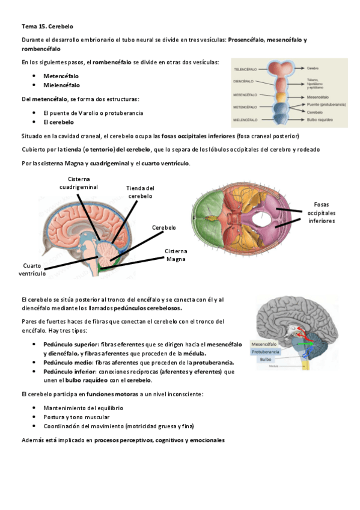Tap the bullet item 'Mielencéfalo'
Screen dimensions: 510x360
[x=61, y=85]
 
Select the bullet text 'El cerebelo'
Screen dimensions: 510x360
[x=58, y=122]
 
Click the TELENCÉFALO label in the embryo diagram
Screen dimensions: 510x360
[x=246, y=68]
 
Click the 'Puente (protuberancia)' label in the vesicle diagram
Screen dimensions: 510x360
[x=326, y=104]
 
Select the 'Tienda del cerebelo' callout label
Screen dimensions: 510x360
[x=141, y=192]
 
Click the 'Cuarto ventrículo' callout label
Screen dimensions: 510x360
[x=34, y=269]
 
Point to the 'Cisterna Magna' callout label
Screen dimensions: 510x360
[x=176, y=255]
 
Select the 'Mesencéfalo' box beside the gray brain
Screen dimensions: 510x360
[x=263, y=343]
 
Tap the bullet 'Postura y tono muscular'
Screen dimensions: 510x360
[x=76, y=417]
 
